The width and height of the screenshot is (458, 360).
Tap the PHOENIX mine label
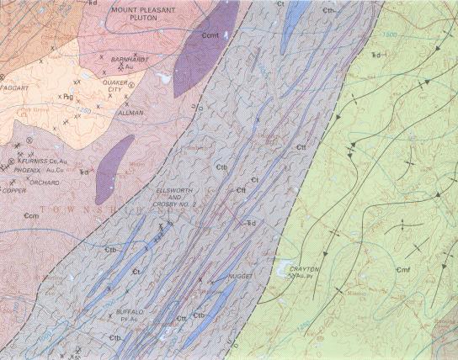tap(28, 170)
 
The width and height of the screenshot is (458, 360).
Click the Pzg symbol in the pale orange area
tap(67, 97)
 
